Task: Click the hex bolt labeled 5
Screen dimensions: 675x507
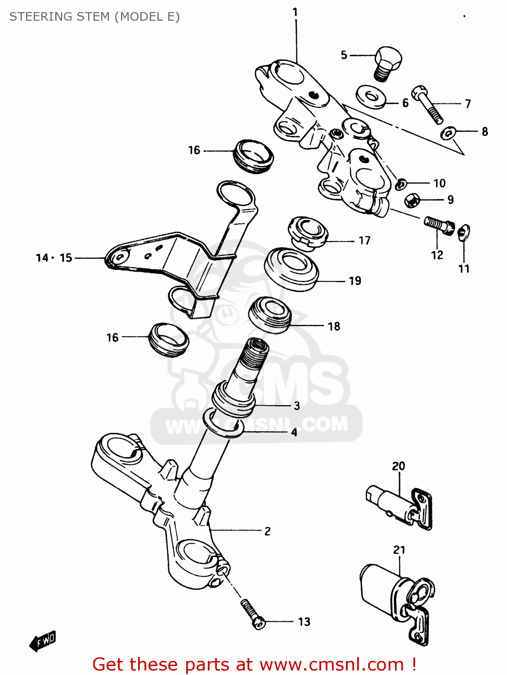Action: tap(387, 63)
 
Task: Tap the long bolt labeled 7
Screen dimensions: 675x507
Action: tap(427, 104)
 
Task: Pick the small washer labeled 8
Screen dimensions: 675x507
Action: tap(449, 133)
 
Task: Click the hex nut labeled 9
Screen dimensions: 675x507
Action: tap(412, 200)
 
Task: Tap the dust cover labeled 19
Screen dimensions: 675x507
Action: tap(292, 269)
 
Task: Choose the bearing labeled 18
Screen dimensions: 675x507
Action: tap(270, 315)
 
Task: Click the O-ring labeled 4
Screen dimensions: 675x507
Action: tap(224, 424)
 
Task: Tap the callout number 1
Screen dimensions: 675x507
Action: tap(295, 12)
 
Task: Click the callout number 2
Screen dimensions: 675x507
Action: tap(268, 531)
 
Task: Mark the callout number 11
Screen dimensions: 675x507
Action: tap(464, 269)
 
